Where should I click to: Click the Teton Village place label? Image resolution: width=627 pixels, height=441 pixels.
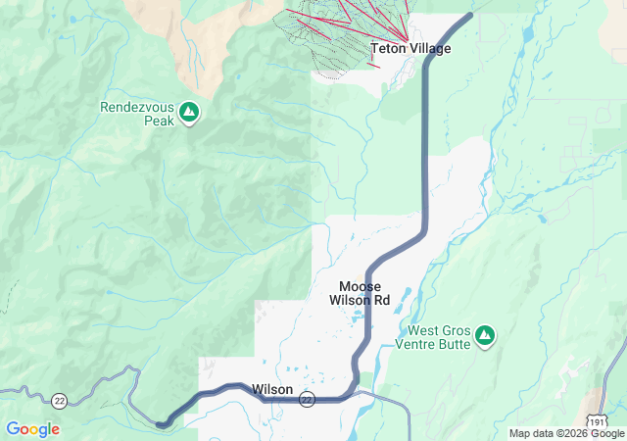(x=410, y=48)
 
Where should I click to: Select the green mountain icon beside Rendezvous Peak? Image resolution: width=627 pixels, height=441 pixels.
(x=190, y=113)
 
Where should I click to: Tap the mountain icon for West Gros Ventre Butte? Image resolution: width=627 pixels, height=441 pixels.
(x=484, y=337)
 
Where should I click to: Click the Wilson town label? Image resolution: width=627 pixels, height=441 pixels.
(x=271, y=389)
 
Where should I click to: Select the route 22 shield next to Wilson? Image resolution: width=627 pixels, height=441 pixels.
(x=308, y=400)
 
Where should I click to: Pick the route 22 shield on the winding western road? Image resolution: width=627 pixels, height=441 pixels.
(x=60, y=400)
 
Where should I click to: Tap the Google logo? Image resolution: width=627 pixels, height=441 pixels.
(x=32, y=429)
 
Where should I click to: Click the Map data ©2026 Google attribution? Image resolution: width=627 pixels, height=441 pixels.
(x=565, y=433)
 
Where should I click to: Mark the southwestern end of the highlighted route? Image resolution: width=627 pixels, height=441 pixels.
(x=161, y=423)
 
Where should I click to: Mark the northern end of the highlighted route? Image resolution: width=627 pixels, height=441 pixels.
(x=470, y=15)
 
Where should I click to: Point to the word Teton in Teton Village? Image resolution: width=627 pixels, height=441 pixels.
(x=388, y=48)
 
